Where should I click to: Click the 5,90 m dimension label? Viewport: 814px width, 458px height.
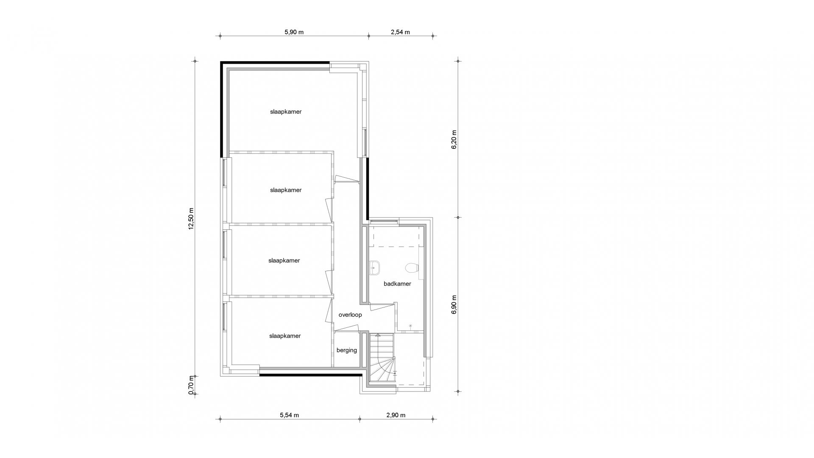click(294, 32)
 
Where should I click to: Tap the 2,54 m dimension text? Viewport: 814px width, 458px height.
click(400, 32)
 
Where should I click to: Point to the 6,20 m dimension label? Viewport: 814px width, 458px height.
click(454, 139)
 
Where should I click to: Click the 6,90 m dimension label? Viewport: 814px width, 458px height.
click(454, 304)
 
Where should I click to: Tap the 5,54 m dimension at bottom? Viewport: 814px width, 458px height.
click(289, 415)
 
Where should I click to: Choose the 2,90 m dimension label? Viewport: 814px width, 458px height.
click(396, 415)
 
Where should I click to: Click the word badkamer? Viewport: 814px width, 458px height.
click(397, 284)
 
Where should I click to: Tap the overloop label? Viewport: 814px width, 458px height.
click(350, 315)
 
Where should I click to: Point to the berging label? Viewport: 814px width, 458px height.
click(347, 350)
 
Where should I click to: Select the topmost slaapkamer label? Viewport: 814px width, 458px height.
click(286, 112)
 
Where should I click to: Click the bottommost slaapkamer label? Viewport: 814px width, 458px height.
click(285, 336)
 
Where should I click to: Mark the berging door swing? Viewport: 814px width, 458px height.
click(346, 328)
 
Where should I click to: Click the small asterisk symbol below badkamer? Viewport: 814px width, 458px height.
click(410, 326)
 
